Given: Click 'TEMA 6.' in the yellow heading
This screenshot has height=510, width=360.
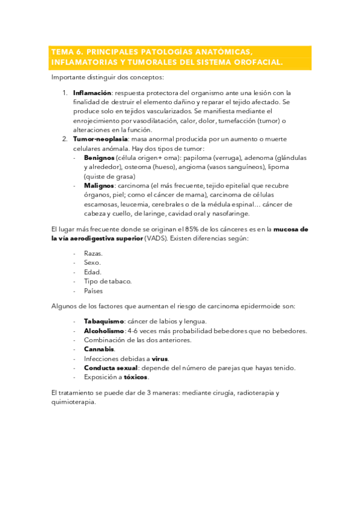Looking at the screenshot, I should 66,52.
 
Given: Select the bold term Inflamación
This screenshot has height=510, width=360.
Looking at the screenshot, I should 93,93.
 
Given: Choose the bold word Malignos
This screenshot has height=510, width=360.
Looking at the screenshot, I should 99,186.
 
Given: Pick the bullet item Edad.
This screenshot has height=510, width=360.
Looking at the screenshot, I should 93,272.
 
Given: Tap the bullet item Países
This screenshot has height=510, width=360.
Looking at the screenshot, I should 93,290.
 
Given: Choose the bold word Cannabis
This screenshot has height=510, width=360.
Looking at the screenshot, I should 99,349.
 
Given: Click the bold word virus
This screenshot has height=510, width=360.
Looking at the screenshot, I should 160,358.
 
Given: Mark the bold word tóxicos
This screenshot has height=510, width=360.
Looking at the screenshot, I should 136,377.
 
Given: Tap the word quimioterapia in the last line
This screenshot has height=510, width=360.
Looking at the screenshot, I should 73,402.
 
